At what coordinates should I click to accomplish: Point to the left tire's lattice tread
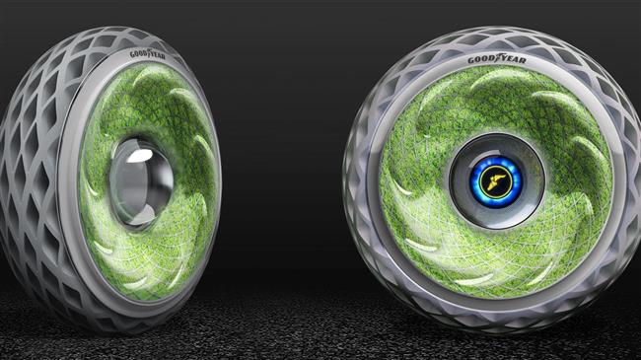tap(35, 178)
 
